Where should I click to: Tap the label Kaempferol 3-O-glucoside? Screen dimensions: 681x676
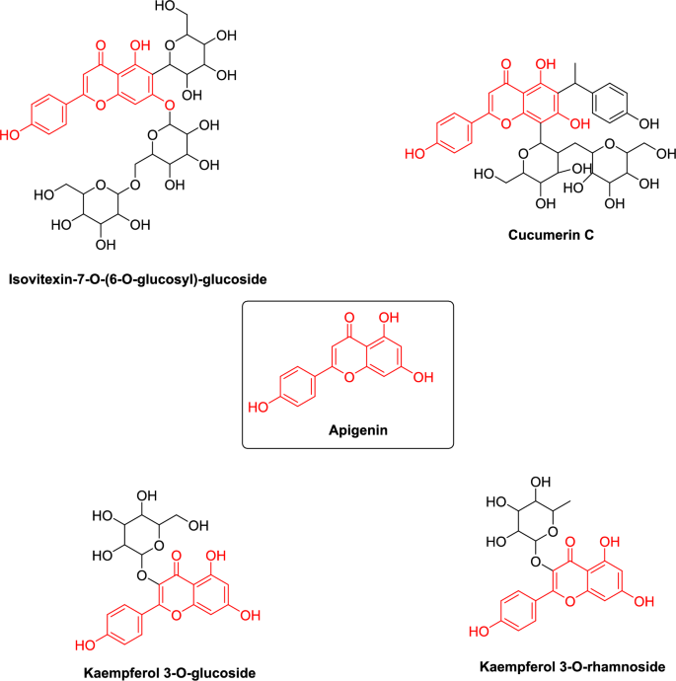click(x=171, y=672)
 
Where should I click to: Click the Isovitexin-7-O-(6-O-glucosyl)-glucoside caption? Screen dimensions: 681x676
click(x=138, y=279)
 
